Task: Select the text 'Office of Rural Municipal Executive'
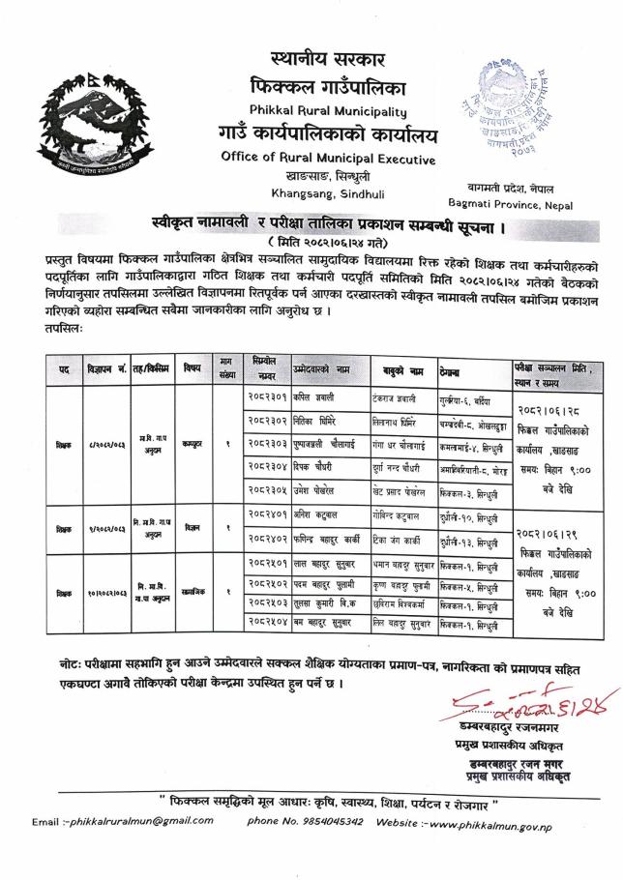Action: point(328,159)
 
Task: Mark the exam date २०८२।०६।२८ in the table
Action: point(554,410)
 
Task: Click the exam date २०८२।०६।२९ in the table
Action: point(554,532)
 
